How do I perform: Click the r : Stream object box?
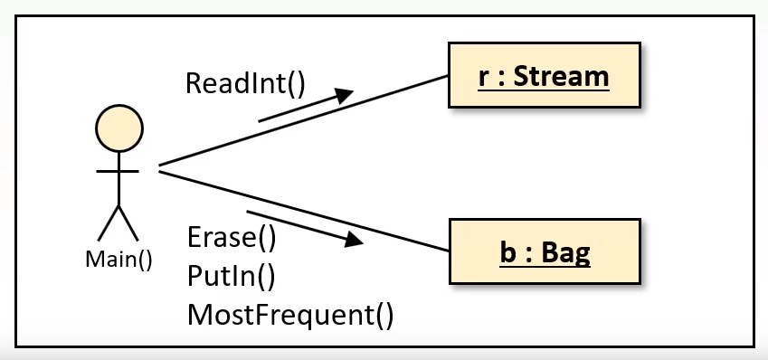(x=544, y=77)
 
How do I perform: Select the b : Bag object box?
(x=544, y=251)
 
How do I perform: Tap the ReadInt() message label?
(x=245, y=83)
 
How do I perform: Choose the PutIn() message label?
(x=231, y=275)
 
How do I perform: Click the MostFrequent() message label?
(x=290, y=314)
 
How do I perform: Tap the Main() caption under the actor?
(x=119, y=259)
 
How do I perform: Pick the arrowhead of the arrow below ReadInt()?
(x=343, y=94)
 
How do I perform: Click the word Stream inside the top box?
(x=561, y=77)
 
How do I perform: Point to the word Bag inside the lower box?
(x=565, y=251)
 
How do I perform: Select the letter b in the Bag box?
(x=507, y=251)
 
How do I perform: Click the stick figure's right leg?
(x=130, y=223)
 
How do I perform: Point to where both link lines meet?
(x=159, y=168)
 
